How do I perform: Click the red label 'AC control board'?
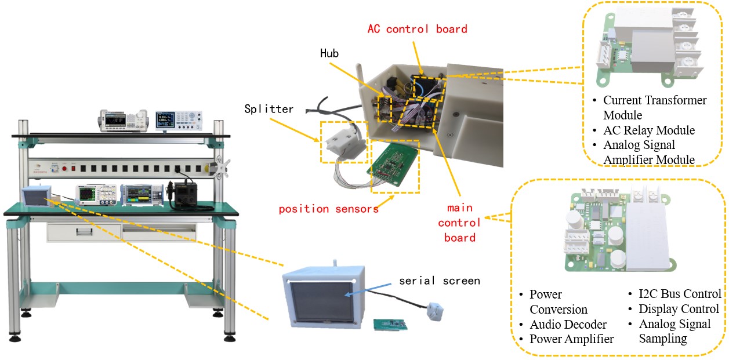(417, 28)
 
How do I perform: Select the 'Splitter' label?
(269, 108)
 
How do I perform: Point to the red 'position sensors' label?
(328, 209)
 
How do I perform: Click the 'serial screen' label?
(439, 281)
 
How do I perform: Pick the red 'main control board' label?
(459, 223)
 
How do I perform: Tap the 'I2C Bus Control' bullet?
(680, 294)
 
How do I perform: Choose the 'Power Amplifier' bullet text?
(571, 339)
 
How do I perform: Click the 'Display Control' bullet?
(679, 309)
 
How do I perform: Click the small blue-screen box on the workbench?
(35, 196)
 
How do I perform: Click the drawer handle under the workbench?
(84, 232)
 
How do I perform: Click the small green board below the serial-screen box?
(390, 323)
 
